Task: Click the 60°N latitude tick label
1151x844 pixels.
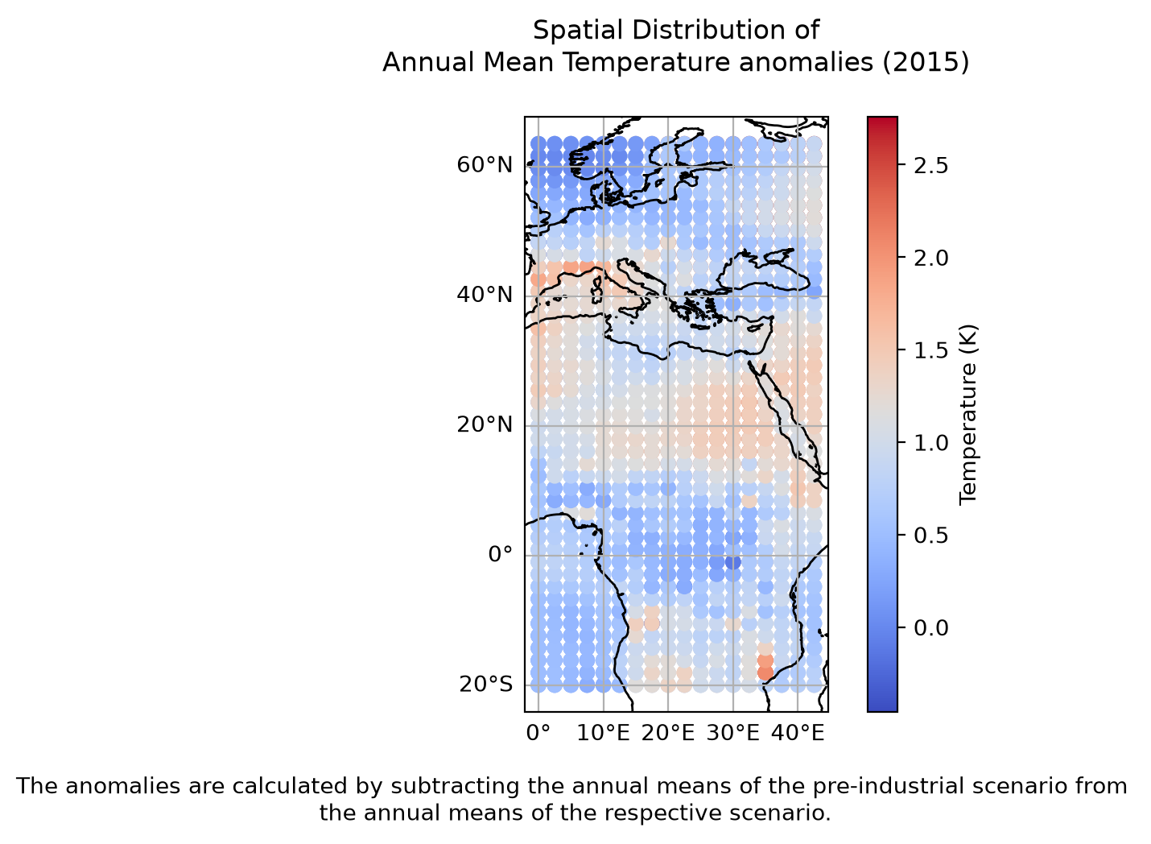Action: [x=485, y=166]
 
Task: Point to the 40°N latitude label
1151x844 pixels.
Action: [x=485, y=296]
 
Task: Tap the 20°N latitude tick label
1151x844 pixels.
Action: [x=485, y=425]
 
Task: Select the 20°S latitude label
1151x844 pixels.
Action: [x=485, y=685]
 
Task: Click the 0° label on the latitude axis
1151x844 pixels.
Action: [x=500, y=555]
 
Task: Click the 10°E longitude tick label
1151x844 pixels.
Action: [x=603, y=734]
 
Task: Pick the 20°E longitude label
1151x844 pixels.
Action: [x=668, y=734]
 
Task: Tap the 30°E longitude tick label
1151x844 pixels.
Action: [x=732, y=734]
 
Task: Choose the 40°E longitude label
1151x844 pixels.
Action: [x=798, y=734]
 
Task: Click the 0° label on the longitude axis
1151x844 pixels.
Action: [x=538, y=734]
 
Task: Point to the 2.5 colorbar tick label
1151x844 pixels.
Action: [x=930, y=166]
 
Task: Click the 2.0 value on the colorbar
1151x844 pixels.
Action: [x=930, y=258]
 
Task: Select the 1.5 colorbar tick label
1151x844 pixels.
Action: [x=930, y=350]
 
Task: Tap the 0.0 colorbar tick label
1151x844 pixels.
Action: [x=930, y=628]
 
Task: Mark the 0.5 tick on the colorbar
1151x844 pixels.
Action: [x=930, y=536]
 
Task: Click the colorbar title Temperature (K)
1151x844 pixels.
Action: [x=968, y=414]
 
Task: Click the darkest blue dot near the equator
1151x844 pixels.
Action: [x=732, y=562]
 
